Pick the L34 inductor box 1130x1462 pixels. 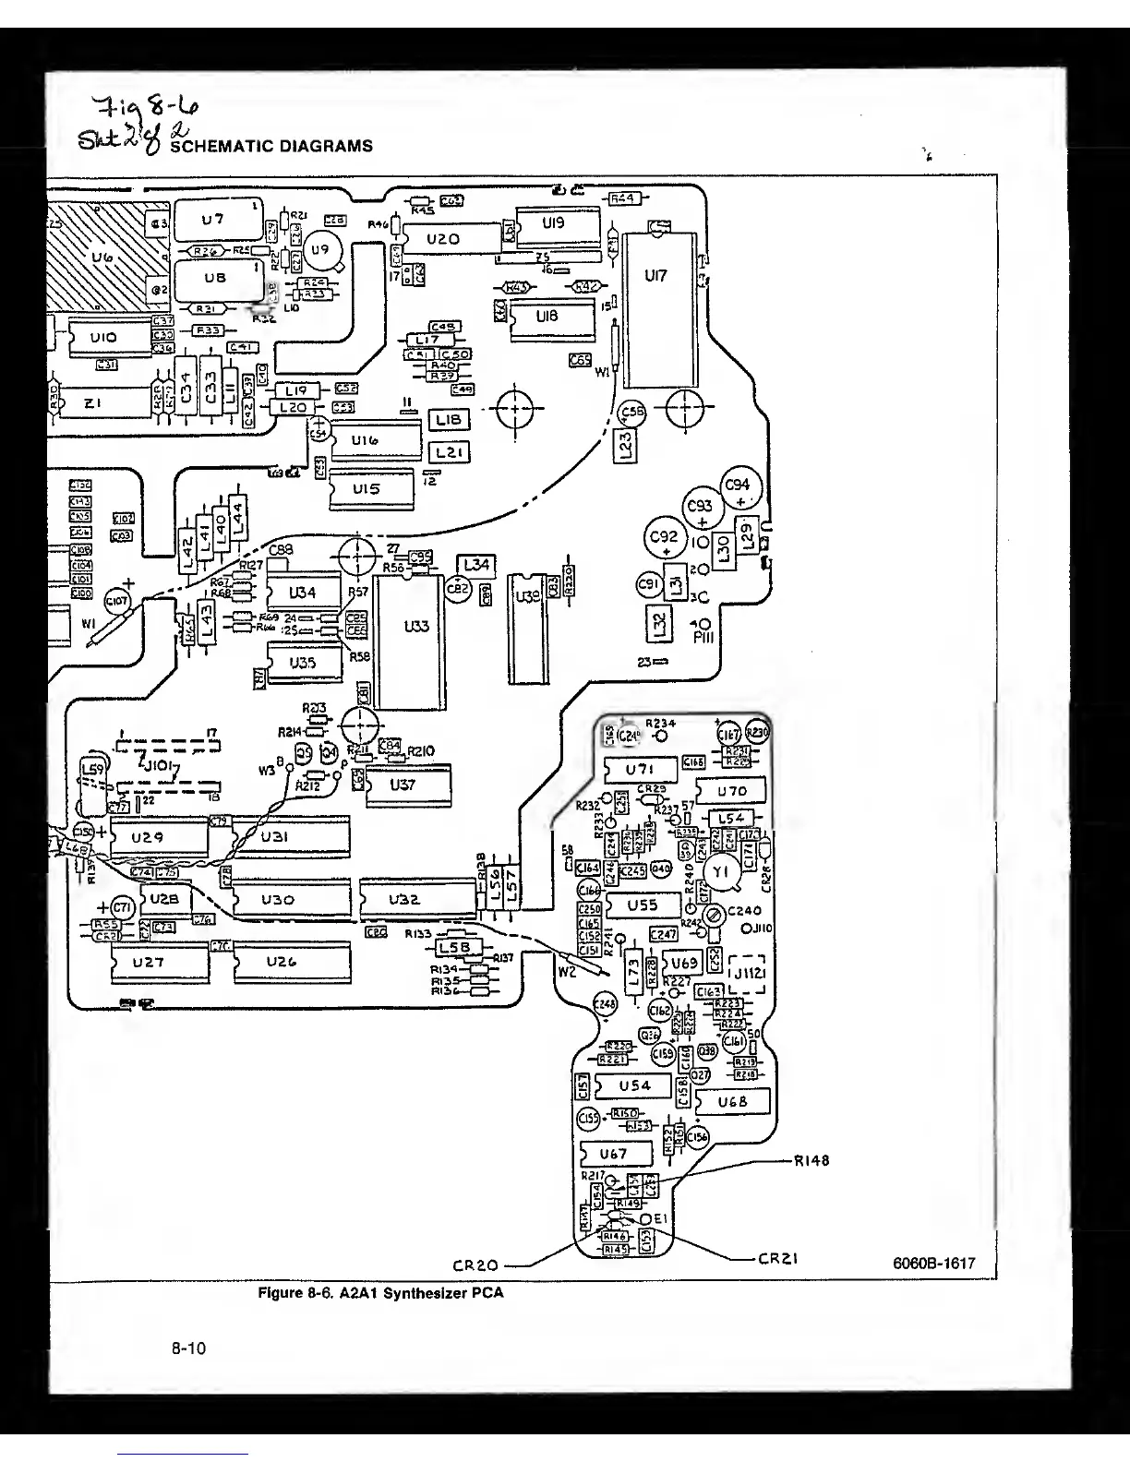click(x=477, y=565)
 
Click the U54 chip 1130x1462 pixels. click(x=634, y=1085)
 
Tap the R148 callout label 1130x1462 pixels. click(x=811, y=1161)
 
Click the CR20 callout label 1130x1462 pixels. click(x=476, y=1264)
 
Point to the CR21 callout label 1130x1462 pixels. click(x=777, y=1258)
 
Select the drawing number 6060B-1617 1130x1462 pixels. click(x=934, y=1264)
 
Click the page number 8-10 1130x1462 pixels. click(x=189, y=1348)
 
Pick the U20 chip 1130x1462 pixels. click(x=443, y=239)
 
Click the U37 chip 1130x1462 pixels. click(x=403, y=785)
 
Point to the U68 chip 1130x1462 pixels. click(x=731, y=1101)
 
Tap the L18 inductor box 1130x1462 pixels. click(x=450, y=421)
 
